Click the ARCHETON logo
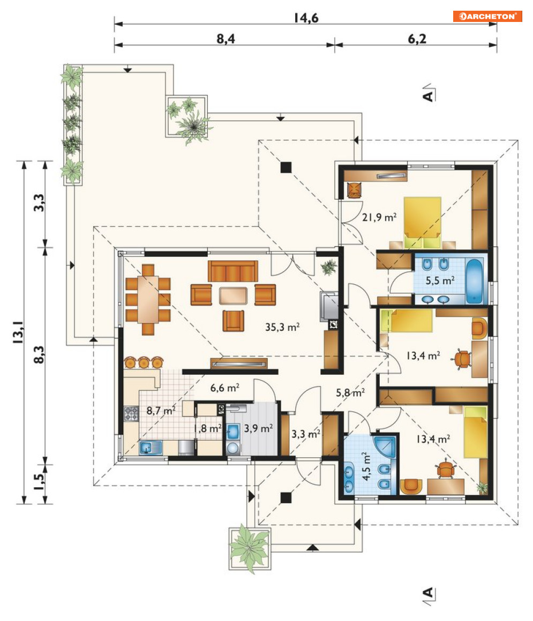487,16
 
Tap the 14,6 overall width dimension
306,18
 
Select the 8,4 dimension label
226,39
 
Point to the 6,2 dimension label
417,39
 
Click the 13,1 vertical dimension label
18,332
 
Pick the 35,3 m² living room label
282,327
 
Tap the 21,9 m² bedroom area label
379,217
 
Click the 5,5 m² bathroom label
440,281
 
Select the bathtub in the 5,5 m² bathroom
475,281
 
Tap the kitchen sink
151,448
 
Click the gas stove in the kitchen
131,413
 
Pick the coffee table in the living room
233,296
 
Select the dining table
148,299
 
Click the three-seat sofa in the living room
232,271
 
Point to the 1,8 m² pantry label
207,428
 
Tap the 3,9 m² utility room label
258,428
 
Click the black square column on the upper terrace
286,168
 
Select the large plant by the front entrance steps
250,548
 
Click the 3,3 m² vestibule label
306,434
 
